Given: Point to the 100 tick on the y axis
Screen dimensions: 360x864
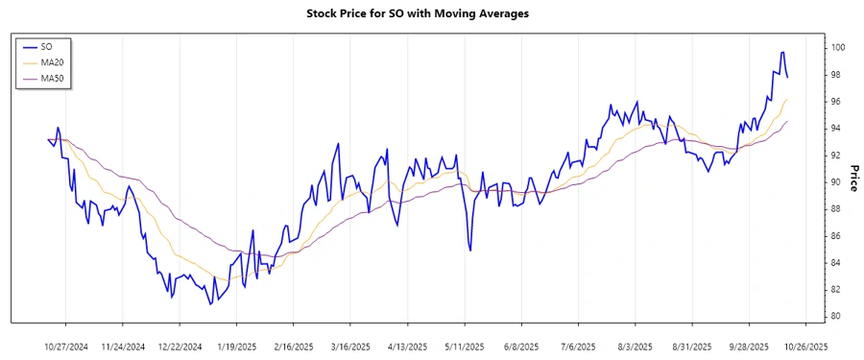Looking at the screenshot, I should click(x=837, y=48).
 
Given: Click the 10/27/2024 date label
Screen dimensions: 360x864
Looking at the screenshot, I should click(x=66, y=346).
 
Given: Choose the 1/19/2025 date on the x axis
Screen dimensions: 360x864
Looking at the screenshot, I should click(x=236, y=346).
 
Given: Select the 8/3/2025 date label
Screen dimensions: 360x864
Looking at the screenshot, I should click(x=635, y=346).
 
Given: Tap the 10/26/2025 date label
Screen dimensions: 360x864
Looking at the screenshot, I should click(x=803, y=346).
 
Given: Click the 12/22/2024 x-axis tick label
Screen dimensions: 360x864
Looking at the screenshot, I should click(x=180, y=346).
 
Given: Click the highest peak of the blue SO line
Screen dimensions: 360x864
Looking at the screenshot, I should click(x=782, y=52).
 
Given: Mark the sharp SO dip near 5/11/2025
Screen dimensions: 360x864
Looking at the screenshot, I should click(x=470, y=251).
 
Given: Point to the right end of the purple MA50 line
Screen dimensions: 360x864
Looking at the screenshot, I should click(x=788, y=121).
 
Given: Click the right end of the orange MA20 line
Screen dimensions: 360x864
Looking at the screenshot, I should click(x=788, y=99).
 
